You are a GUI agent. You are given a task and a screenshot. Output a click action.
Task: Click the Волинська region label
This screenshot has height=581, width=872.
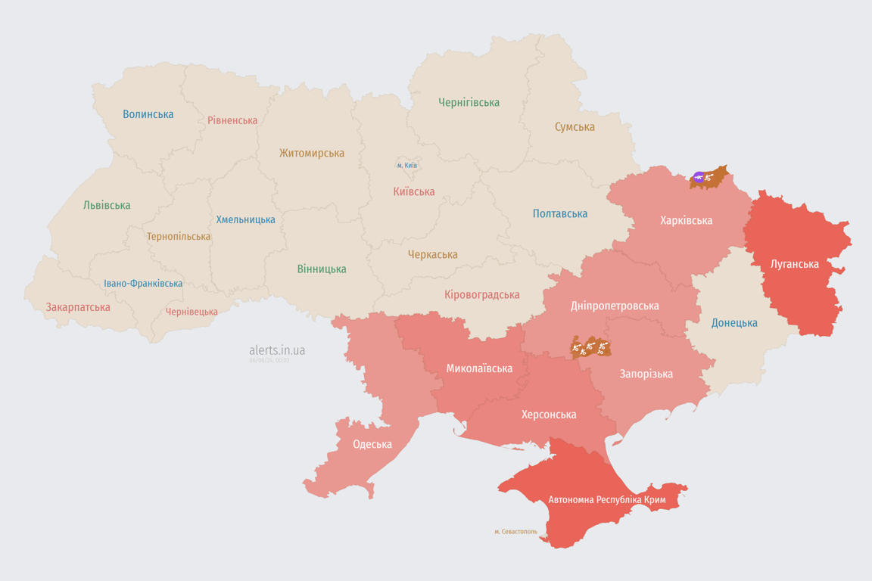click(x=148, y=114)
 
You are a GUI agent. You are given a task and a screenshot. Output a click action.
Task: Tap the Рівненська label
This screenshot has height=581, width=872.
click(x=232, y=120)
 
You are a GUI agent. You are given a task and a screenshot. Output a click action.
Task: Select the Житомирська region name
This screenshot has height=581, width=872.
click(x=312, y=153)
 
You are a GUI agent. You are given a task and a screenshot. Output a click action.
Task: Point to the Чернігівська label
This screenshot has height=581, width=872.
click(x=469, y=102)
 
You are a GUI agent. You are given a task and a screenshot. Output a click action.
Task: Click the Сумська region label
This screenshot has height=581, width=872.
click(x=575, y=126)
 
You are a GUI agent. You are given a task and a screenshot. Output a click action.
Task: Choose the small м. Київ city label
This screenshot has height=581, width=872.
click(x=407, y=165)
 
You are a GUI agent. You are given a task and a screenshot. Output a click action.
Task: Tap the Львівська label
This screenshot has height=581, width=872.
click(x=107, y=205)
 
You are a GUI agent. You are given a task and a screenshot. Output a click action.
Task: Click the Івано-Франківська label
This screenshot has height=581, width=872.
click(x=143, y=284)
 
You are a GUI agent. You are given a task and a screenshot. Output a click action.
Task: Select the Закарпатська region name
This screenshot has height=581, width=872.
click(x=78, y=307)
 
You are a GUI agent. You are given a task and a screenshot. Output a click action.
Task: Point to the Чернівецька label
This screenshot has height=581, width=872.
click(x=192, y=312)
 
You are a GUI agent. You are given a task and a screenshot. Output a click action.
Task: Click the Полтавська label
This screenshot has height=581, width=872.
click(x=560, y=213)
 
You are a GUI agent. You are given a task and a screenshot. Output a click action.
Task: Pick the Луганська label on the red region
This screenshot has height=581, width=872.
click(x=795, y=264)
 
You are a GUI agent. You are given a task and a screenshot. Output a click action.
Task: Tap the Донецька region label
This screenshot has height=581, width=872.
click(x=734, y=323)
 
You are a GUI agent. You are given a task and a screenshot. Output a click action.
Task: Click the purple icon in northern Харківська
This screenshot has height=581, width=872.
click(x=698, y=178)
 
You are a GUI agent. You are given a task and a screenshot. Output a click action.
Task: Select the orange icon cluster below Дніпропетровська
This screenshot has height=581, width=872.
click(x=590, y=347)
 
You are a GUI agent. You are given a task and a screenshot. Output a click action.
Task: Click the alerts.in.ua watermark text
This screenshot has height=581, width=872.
click(x=277, y=350)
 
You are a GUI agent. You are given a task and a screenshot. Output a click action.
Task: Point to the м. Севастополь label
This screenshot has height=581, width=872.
click(x=515, y=532)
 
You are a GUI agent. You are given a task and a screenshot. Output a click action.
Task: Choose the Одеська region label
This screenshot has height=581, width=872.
click(x=372, y=444)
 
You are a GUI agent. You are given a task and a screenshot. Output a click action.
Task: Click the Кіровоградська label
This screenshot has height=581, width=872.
click(x=482, y=294)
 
